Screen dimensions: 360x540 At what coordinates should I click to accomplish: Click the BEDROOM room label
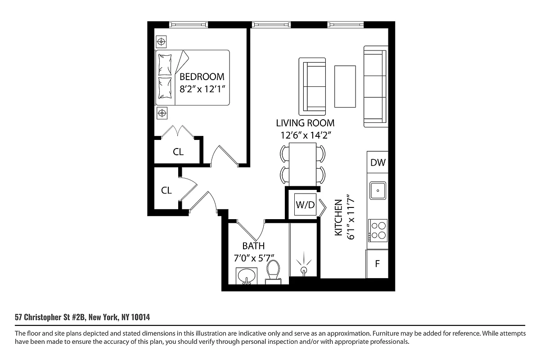202,76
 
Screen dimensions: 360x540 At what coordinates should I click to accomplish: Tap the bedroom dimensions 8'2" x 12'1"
202,89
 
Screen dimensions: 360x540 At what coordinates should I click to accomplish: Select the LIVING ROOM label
305,123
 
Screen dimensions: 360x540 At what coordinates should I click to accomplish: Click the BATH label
253,246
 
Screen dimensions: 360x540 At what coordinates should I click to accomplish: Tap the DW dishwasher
378,163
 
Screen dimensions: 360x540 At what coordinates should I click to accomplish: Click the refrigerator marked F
378,264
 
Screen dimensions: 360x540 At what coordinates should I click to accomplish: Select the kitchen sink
378,190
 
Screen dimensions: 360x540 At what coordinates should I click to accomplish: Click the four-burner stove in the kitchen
378,230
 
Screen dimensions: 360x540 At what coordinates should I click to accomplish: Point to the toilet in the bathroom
273,272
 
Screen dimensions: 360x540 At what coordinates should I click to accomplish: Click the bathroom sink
246,276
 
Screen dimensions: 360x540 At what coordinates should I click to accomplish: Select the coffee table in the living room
345,86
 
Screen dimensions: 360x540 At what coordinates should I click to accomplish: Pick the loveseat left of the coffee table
312,85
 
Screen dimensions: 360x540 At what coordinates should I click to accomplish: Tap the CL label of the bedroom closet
178,152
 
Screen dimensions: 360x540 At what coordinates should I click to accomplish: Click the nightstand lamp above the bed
161,42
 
